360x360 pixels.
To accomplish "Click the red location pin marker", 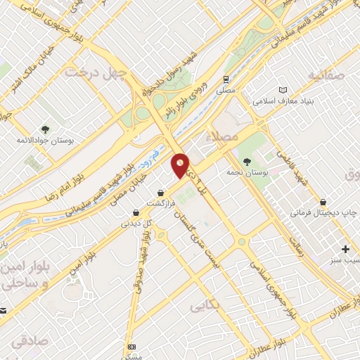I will coord(181,166).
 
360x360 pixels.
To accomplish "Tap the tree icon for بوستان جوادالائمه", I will coord(46,129).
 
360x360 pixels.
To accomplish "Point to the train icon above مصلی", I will coord(226,79).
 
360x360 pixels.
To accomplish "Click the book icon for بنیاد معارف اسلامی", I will coord(283,91).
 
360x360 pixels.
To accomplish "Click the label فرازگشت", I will coord(160,203).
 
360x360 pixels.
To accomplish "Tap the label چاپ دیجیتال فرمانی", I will coord(322,212).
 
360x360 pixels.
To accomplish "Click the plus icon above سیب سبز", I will coord(345,249).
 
